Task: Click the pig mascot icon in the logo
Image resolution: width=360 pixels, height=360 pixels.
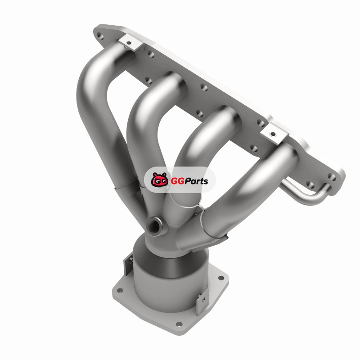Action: pyautogui.click(x=160, y=179)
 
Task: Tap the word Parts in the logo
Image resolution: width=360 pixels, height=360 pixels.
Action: pyautogui.click(x=196, y=181)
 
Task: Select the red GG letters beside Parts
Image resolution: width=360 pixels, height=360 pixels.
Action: pyautogui.click(x=177, y=181)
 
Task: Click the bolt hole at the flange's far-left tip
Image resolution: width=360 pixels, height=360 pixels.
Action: pyautogui.click(x=100, y=36)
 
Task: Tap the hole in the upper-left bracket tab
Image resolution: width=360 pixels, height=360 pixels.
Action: pyautogui.click(x=129, y=43)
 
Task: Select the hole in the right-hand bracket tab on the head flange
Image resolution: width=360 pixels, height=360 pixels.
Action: pyautogui.click(x=273, y=134)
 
